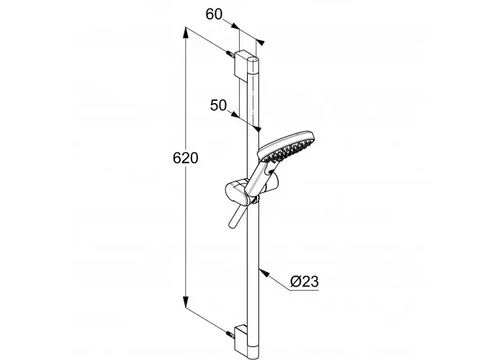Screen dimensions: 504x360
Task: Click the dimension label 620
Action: point(186,158)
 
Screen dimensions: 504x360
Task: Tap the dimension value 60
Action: point(214,14)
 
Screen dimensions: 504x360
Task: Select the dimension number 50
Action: point(219,105)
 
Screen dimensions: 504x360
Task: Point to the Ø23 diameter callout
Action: point(304,282)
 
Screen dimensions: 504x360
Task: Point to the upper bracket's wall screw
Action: point(230,54)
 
